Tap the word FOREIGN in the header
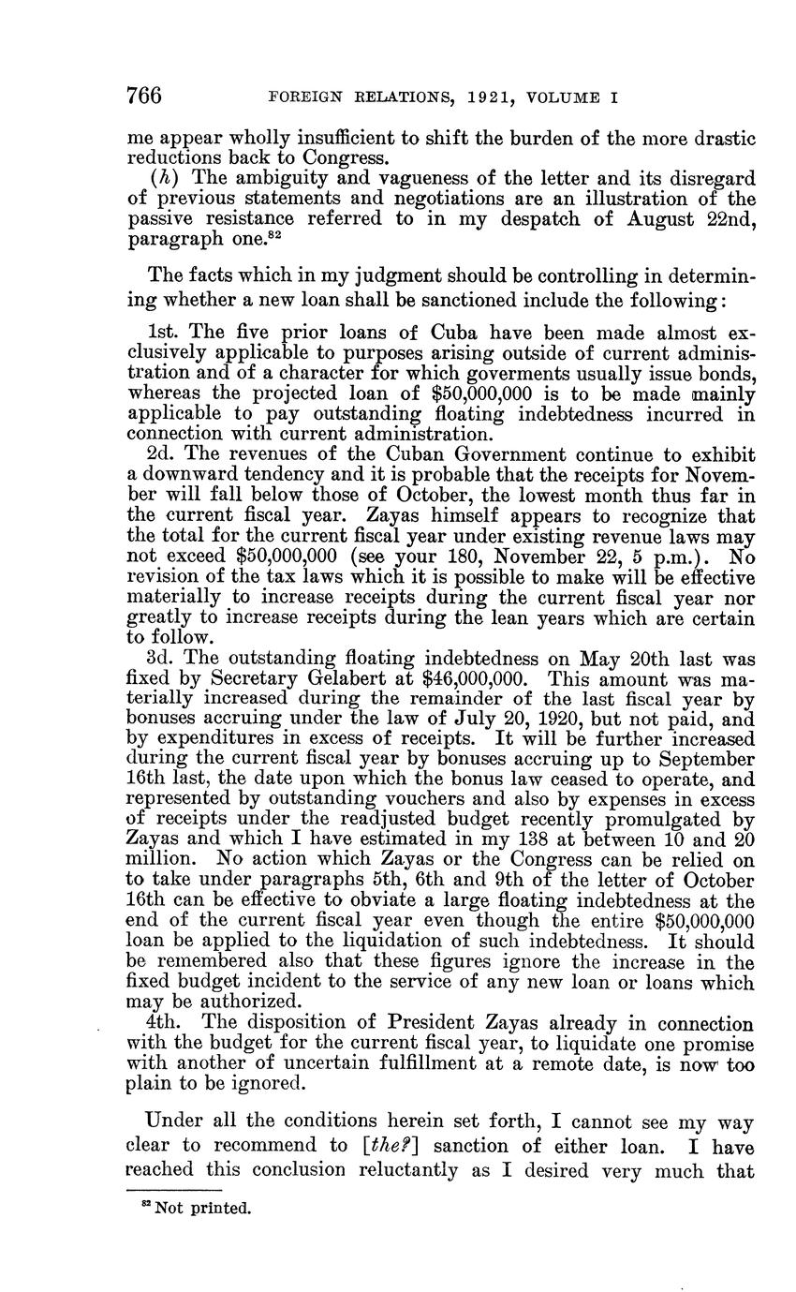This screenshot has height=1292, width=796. tap(302, 97)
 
